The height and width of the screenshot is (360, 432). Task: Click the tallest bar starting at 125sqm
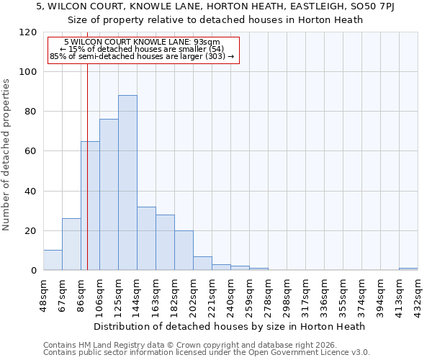point(127,183)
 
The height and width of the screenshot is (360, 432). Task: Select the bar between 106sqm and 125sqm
point(109,194)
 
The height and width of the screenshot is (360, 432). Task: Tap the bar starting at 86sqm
point(90,206)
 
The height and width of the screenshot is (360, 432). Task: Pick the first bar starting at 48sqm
point(53,261)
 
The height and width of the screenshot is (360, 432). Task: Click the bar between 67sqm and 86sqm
point(71,245)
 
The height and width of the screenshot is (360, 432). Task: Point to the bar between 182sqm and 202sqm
point(184,251)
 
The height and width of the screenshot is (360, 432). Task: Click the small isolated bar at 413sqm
point(408,269)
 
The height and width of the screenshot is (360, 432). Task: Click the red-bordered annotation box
point(142,49)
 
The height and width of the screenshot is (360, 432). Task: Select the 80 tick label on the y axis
point(31,112)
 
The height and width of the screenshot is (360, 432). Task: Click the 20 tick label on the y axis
point(31,231)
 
